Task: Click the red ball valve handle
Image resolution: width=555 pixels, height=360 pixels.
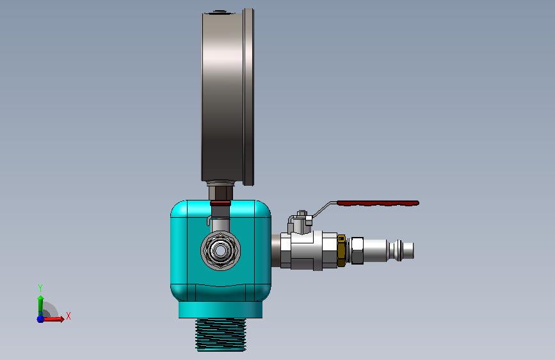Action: click(378, 203)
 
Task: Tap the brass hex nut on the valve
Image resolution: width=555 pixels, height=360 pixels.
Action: click(341, 250)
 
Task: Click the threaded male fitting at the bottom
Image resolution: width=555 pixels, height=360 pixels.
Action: click(221, 334)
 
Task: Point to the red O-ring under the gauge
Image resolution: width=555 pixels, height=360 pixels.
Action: click(220, 203)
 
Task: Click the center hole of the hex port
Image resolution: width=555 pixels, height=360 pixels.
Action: click(220, 250)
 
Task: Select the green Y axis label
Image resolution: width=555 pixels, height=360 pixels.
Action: click(40, 288)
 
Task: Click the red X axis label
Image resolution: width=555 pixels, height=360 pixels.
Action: click(68, 316)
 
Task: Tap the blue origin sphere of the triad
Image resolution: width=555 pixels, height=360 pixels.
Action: click(40, 319)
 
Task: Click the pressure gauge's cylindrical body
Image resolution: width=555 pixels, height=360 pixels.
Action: click(223, 95)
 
